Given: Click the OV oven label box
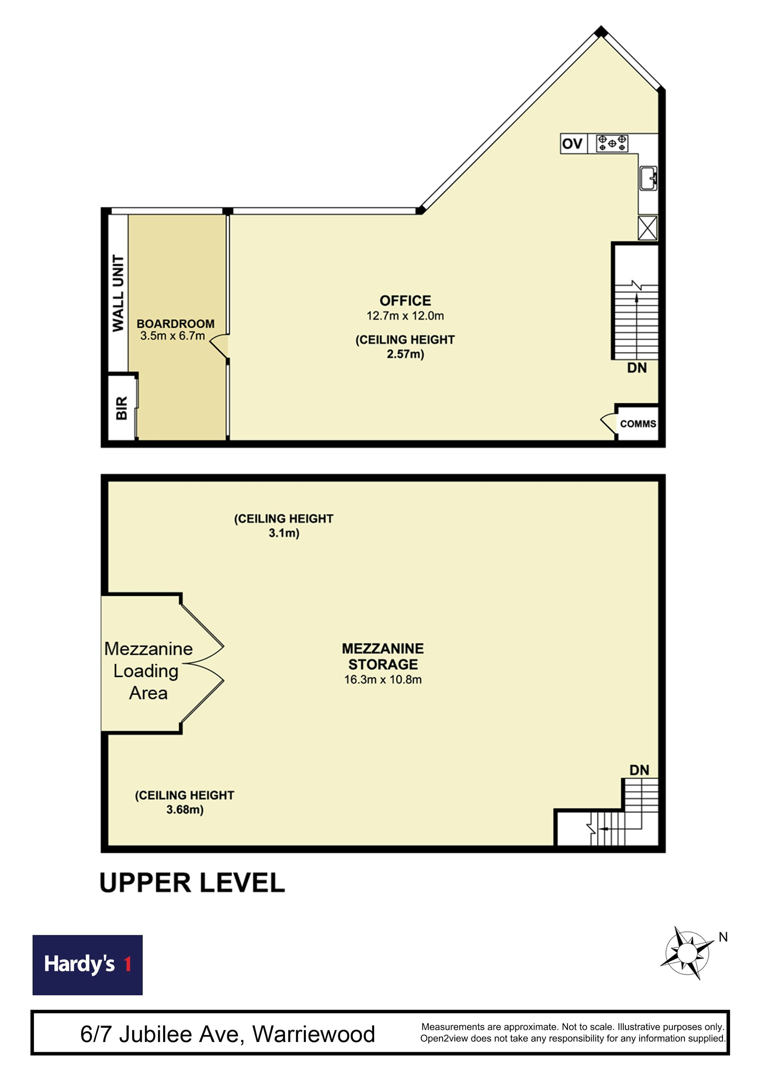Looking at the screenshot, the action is [574, 143].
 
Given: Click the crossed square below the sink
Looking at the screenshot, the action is [647, 228].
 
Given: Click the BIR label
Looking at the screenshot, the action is [122, 408].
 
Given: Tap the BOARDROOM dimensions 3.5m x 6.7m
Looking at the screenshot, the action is [173, 336].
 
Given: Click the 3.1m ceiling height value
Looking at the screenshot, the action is [284, 533].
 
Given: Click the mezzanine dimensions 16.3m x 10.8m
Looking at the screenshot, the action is [383, 680].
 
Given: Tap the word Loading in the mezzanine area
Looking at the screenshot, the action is [146, 672].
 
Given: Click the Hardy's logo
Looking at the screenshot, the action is [87, 965].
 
